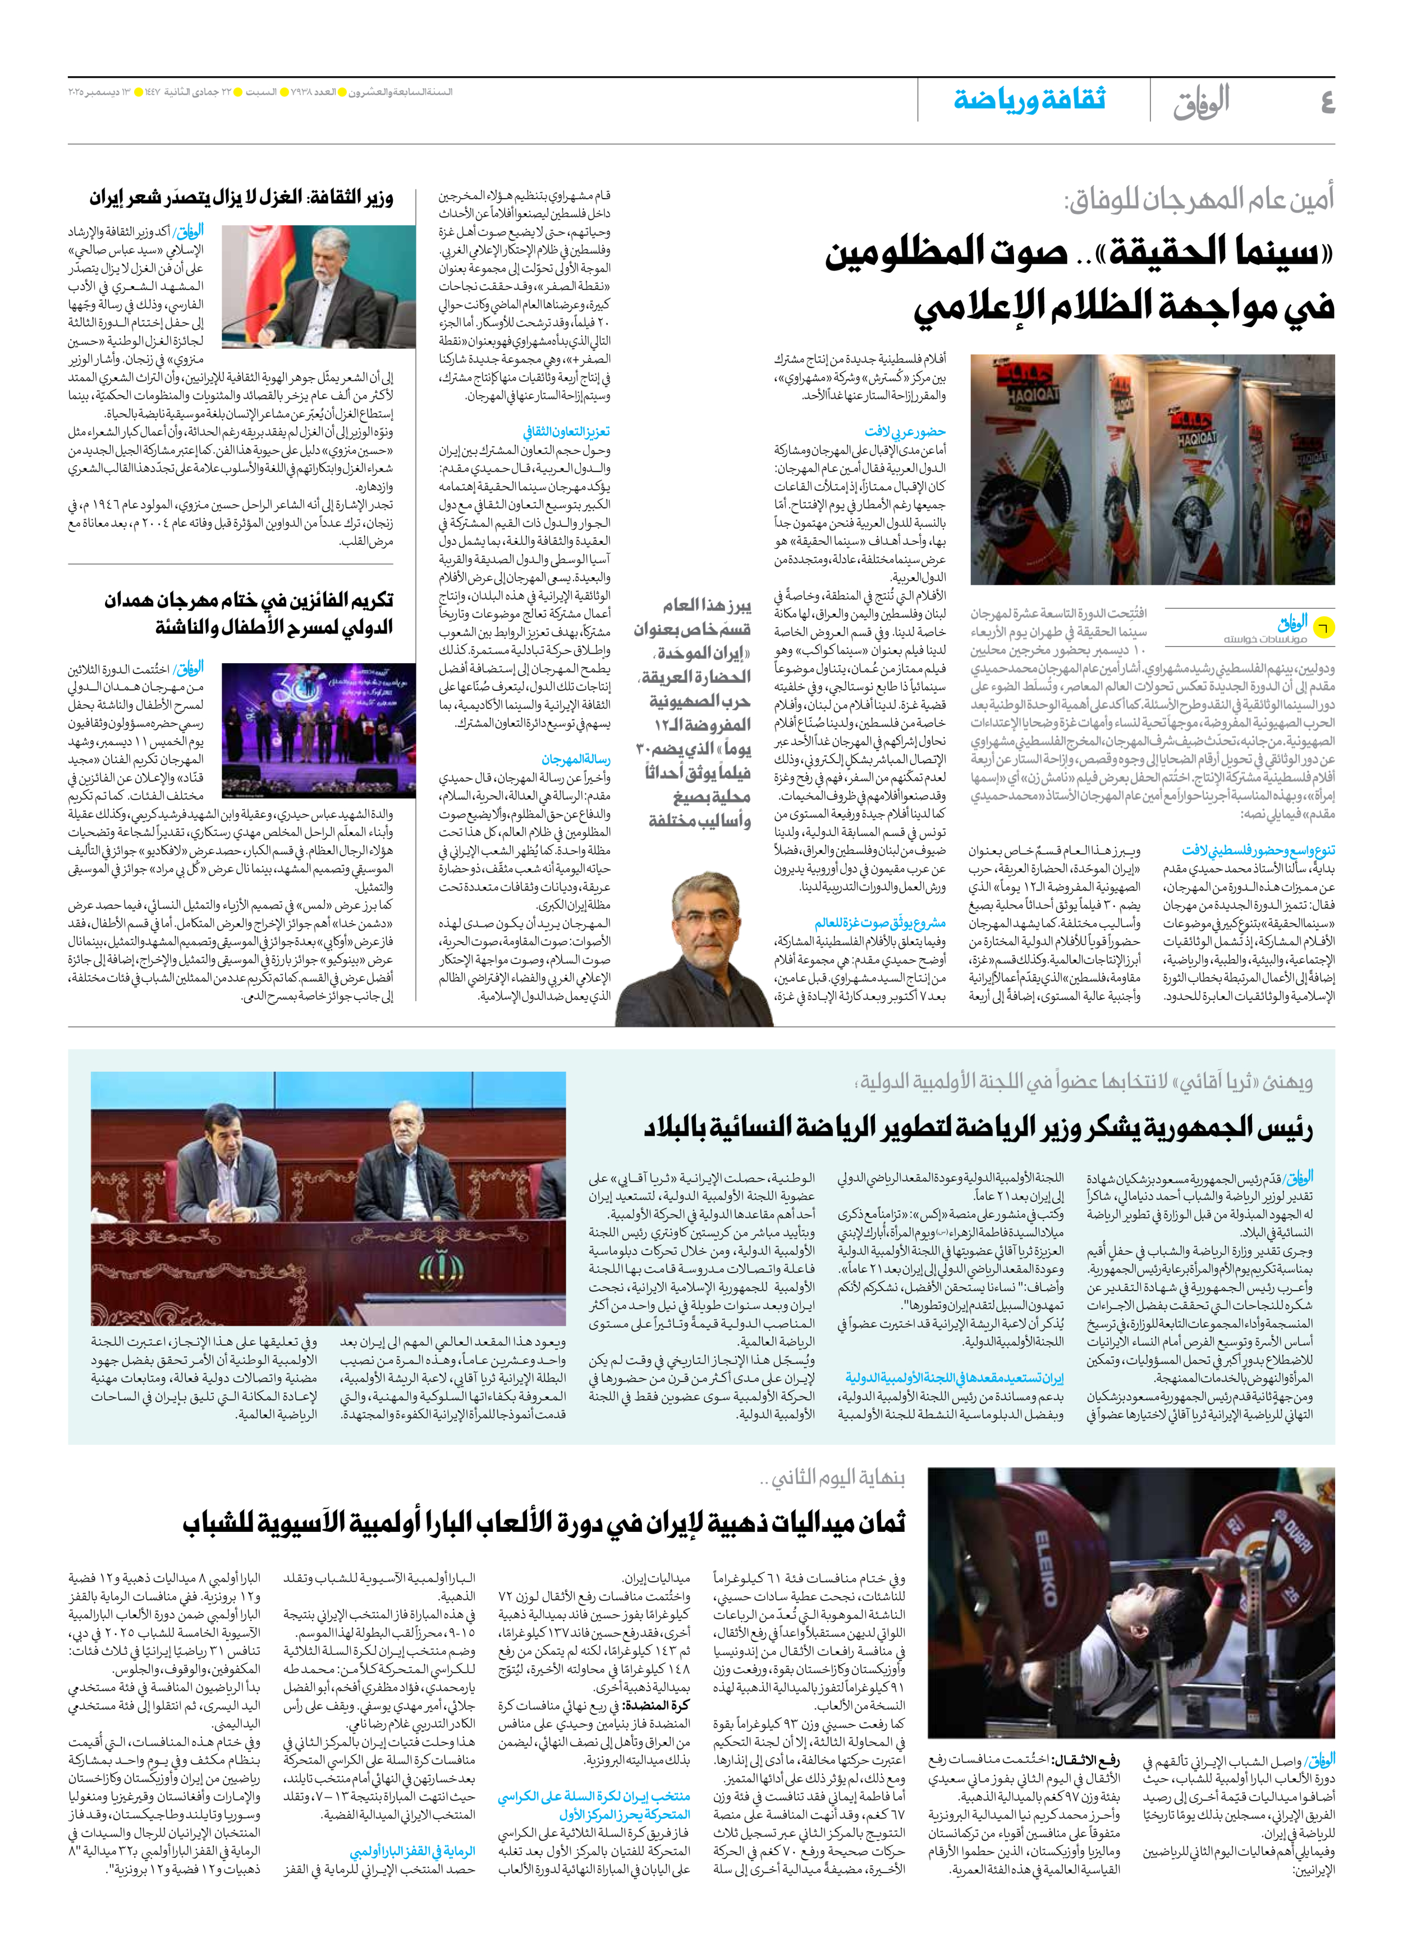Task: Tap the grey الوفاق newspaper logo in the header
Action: [1202, 101]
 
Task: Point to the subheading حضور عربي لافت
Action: [905, 432]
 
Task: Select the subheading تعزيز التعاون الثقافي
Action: [566, 432]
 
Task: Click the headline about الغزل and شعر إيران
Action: [241, 198]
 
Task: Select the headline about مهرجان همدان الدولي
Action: [249, 613]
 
